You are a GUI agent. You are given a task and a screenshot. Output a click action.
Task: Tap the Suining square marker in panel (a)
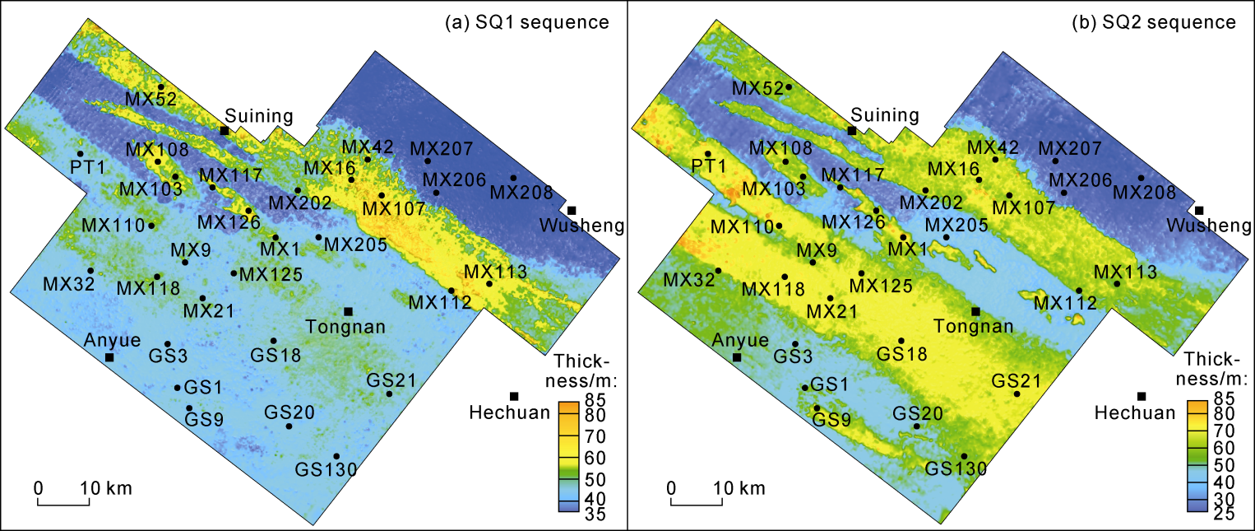[225, 130]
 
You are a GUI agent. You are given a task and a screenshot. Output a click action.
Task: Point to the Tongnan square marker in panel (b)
[976, 311]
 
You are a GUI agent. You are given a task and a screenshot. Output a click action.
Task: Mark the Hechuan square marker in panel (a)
[514, 396]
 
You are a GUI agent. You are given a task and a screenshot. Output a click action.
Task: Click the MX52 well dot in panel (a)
[161, 86]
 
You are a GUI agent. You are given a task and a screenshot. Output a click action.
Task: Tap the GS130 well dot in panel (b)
[964, 456]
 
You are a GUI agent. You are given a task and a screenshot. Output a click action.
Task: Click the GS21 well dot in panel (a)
[389, 394]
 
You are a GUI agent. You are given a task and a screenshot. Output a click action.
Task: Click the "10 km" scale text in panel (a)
[106, 488]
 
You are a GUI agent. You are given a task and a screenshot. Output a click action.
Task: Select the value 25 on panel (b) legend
[1222, 515]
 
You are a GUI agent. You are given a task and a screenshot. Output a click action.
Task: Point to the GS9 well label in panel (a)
[202, 419]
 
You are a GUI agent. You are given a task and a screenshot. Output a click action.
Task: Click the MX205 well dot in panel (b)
[946, 237]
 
